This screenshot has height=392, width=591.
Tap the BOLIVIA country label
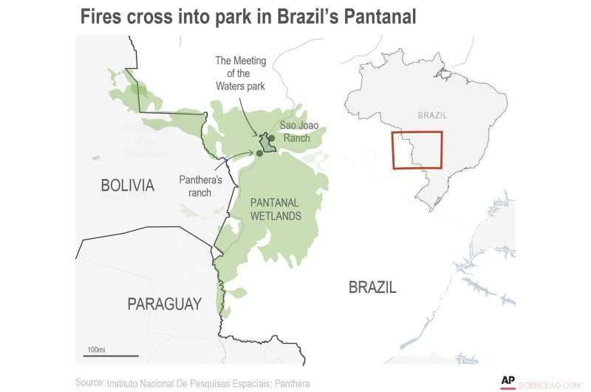(x=127, y=185)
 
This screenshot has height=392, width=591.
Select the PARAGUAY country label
(x=163, y=303)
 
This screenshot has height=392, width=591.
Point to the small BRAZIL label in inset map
(x=432, y=115)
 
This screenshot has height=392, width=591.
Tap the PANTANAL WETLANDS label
(x=275, y=209)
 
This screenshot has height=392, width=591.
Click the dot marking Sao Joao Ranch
(x=272, y=138)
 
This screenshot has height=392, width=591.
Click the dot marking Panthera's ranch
(x=259, y=153)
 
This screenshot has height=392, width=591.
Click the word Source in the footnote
(x=89, y=382)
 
